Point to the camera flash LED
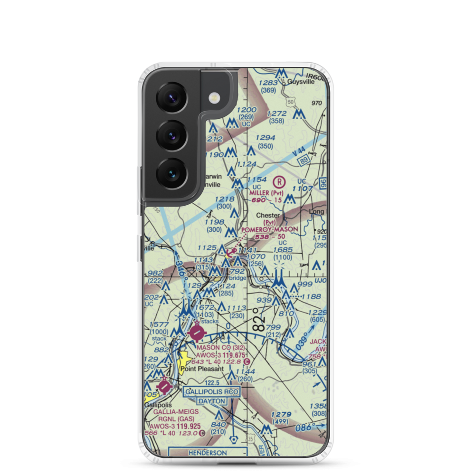[x=215, y=98]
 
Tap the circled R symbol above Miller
[x=280, y=181]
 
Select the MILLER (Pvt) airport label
[x=266, y=193]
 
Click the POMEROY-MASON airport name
[x=270, y=229]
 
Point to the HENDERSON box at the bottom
[x=208, y=453]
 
